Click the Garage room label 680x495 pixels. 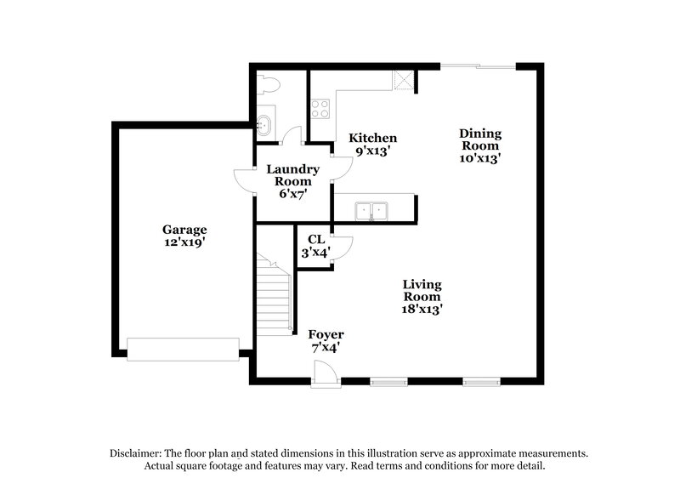click(184, 230)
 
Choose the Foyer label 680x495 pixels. click(326, 334)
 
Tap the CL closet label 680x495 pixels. click(315, 240)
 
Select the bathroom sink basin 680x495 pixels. click(264, 125)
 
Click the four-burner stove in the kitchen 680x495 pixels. click(320, 108)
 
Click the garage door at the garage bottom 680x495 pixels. click(183, 349)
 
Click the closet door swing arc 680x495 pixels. click(342, 247)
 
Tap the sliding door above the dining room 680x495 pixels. click(477, 65)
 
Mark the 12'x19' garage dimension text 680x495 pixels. click(184, 242)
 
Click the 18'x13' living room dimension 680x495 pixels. click(422, 310)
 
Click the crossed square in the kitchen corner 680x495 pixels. click(403, 81)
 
